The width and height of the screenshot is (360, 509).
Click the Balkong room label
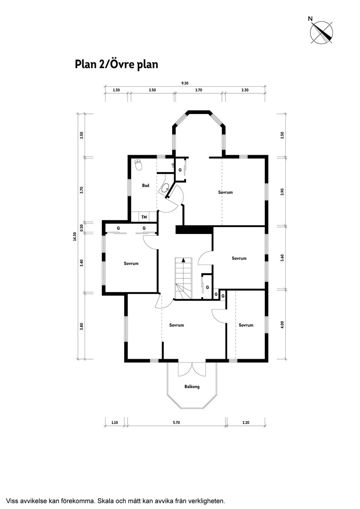point(192,386)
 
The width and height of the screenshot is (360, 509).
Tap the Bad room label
point(145,186)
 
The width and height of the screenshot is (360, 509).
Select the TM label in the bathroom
point(144,217)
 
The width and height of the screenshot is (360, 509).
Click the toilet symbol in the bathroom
point(138,165)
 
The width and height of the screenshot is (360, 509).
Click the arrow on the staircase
point(183,260)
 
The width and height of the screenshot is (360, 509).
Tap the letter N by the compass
point(310,19)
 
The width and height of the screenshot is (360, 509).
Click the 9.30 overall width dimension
point(185,83)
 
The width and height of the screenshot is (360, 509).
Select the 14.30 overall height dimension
point(75,236)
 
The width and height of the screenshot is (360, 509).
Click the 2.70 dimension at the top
point(199,90)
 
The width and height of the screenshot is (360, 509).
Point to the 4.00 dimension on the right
point(282,325)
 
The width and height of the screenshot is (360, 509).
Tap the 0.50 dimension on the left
point(82,227)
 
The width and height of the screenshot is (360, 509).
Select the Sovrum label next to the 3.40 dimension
point(131,263)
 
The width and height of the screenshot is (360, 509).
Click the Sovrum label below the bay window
point(225,192)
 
